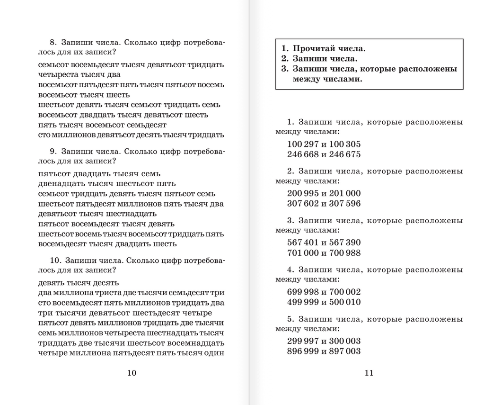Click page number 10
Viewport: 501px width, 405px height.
pyautogui.click(x=132, y=373)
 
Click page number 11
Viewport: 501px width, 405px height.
pyautogui.click(x=369, y=373)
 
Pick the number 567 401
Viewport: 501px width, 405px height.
pyautogui.click(x=303, y=243)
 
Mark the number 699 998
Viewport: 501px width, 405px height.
pyautogui.click(x=303, y=292)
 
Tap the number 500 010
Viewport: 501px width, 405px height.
pyautogui.click(x=344, y=302)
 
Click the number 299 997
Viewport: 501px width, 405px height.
pyautogui.click(x=303, y=341)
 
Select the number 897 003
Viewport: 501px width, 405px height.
pyautogui.click(x=344, y=351)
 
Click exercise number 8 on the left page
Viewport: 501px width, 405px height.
pyautogui.click(x=53, y=43)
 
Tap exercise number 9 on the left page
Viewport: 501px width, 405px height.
pyautogui.click(x=53, y=152)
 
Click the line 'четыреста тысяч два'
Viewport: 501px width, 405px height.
pyautogui.click(x=79, y=74)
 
